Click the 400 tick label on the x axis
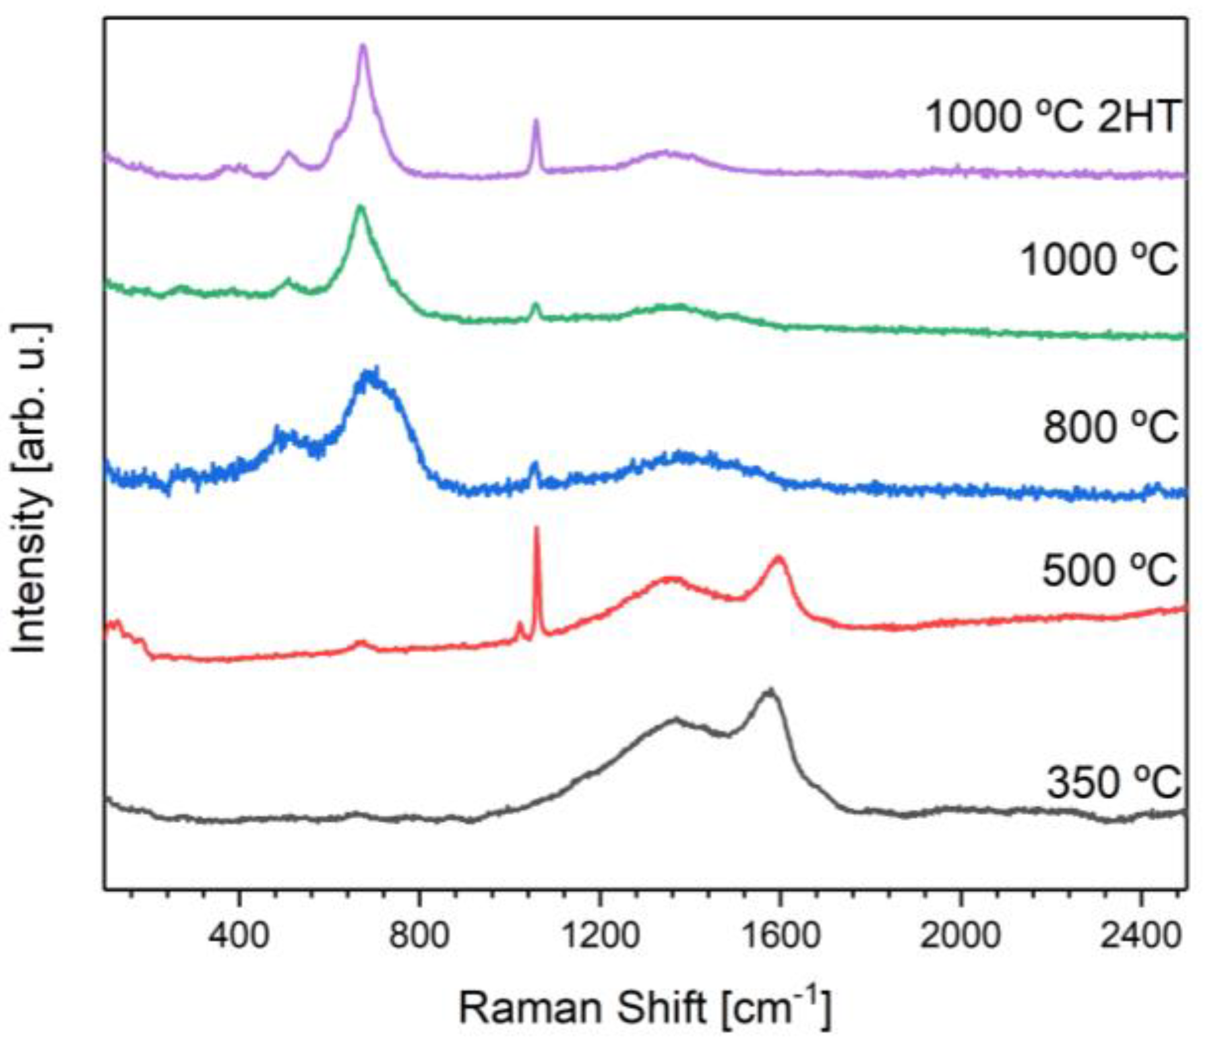pyautogui.click(x=239, y=936)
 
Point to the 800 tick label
pyautogui.click(x=419, y=936)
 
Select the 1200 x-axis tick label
pyautogui.click(x=599, y=936)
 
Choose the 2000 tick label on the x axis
pyautogui.click(x=960, y=936)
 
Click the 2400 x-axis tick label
pyautogui.click(x=1140, y=936)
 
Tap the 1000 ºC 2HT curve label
pyautogui.click(x=1052, y=117)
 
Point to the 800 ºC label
pyautogui.click(x=1110, y=427)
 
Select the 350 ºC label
pyautogui.click(x=1114, y=783)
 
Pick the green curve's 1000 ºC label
pyautogui.click(x=1099, y=259)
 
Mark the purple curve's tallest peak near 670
pyautogui.click(x=362, y=45)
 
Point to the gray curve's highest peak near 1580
pyautogui.click(x=769, y=690)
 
